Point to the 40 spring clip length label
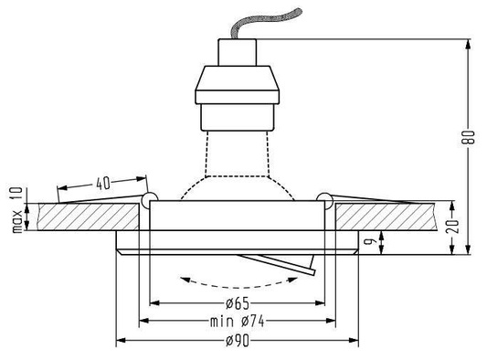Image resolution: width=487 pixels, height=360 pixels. coord(102,183)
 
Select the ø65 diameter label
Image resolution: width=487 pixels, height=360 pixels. coord(235,302)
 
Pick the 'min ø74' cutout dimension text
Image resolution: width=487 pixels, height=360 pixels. coord(235,321)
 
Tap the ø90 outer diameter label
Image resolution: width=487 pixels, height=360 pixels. coord(235,341)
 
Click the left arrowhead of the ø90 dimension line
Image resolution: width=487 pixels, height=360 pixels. coord(121,342)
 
